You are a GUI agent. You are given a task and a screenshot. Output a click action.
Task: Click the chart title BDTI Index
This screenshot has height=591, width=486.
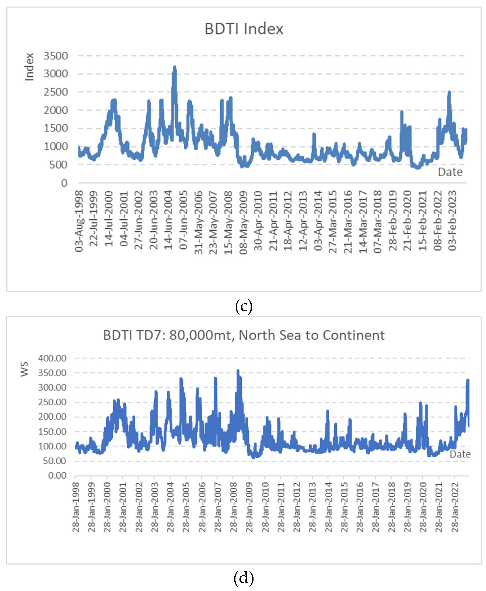(x=244, y=29)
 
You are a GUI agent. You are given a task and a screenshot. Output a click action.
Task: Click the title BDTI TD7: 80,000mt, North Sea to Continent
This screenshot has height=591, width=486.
(x=244, y=335)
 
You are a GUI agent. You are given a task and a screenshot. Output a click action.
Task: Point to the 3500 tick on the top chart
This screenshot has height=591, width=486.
(x=56, y=56)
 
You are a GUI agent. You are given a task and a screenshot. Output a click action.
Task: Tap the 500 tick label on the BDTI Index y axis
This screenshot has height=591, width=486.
(x=58, y=165)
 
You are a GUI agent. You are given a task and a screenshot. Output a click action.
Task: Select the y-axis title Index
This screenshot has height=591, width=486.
(x=29, y=67)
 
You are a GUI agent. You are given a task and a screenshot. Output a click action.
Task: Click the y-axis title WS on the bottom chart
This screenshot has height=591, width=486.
(x=25, y=369)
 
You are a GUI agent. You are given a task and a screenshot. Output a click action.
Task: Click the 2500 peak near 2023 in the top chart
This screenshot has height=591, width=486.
(x=449, y=93)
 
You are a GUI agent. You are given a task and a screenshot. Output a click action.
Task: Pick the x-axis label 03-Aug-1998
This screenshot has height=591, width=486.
(x=79, y=221)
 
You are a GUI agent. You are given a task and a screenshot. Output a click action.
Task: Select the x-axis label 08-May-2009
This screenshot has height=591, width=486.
(x=244, y=223)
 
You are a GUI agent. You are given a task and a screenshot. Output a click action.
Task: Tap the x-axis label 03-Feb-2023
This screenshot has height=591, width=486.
(x=452, y=221)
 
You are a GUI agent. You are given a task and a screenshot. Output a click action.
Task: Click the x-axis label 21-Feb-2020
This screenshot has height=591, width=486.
(x=408, y=221)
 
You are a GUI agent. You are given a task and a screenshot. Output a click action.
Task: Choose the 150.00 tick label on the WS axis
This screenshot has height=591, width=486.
(x=52, y=432)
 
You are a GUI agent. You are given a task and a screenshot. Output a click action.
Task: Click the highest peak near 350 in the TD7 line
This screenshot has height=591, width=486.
(x=238, y=371)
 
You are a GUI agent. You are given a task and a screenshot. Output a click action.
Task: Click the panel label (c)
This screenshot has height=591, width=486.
(x=244, y=306)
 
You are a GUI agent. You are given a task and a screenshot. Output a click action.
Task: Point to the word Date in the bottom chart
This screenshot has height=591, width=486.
(x=460, y=454)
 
